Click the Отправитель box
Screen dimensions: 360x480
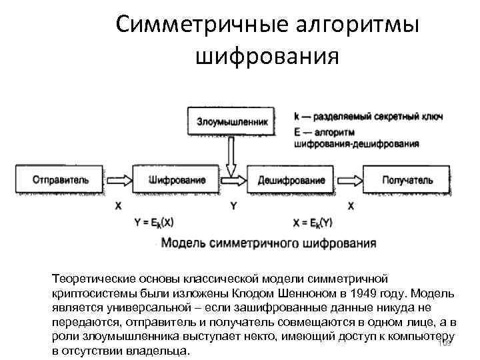point(59,180)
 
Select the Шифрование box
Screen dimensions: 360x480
point(176,180)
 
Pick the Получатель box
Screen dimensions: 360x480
point(407,180)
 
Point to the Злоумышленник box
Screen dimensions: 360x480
point(231,122)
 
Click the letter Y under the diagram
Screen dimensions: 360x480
point(233,206)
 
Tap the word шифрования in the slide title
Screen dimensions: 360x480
point(267,57)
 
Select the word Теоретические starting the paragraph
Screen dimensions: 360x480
point(93,278)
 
